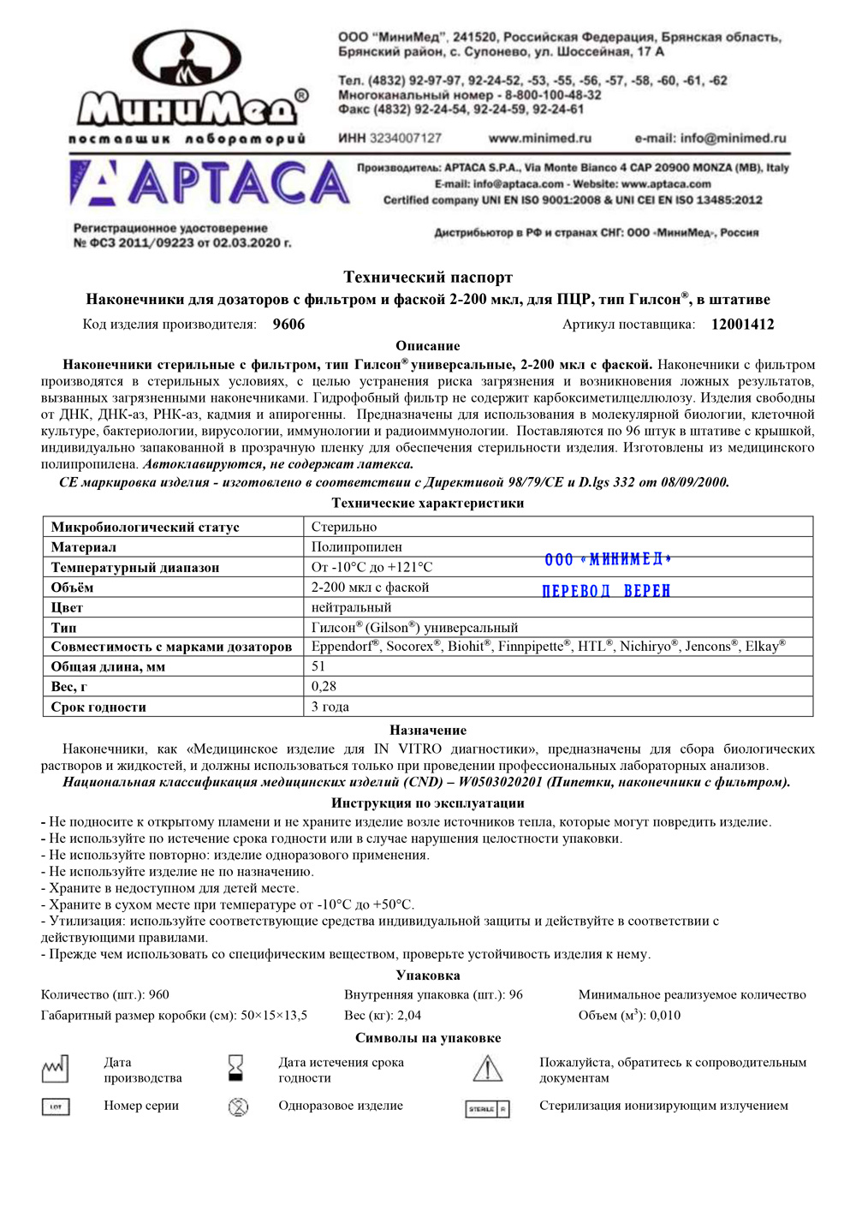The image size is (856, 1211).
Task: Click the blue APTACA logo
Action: [210, 183]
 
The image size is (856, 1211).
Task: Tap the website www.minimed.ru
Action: [539, 138]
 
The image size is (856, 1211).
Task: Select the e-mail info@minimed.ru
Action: [710, 138]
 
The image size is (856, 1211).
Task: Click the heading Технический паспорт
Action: [428, 277]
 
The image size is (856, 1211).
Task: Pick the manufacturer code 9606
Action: [288, 325]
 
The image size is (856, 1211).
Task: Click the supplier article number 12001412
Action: [742, 325]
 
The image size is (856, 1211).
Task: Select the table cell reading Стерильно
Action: [344, 527]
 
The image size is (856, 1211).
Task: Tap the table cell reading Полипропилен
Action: [356, 546]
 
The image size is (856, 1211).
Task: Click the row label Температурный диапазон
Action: [135, 567]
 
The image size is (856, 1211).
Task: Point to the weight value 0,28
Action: [324, 686]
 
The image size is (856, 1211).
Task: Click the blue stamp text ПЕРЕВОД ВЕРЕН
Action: [606, 591]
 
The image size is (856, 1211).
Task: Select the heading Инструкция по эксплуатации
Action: [428, 802]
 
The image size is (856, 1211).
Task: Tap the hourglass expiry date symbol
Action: [235, 1068]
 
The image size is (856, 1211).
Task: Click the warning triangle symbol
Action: [487, 1069]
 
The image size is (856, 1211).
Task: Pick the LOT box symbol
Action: [56, 1107]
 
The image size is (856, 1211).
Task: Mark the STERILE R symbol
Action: [487, 1108]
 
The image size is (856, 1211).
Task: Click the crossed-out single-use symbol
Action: [238, 1107]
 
